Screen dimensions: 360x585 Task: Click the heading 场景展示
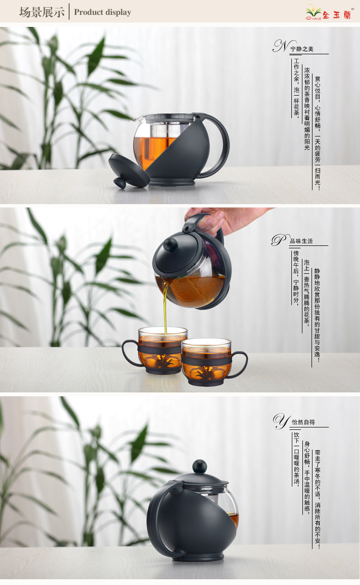click(42, 12)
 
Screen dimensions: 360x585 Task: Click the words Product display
click(103, 12)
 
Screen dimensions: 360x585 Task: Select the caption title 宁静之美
click(302, 49)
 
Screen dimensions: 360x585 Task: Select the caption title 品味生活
click(301, 241)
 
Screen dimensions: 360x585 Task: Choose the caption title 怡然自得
click(303, 422)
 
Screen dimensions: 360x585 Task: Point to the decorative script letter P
click(280, 240)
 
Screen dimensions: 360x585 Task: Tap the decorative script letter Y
click(281, 421)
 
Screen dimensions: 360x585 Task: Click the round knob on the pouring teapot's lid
click(171, 244)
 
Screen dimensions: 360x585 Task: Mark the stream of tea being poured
click(165, 305)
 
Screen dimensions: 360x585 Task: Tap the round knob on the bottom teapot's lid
click(200, 467)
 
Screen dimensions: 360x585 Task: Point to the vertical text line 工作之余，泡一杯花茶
click(296, 87)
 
